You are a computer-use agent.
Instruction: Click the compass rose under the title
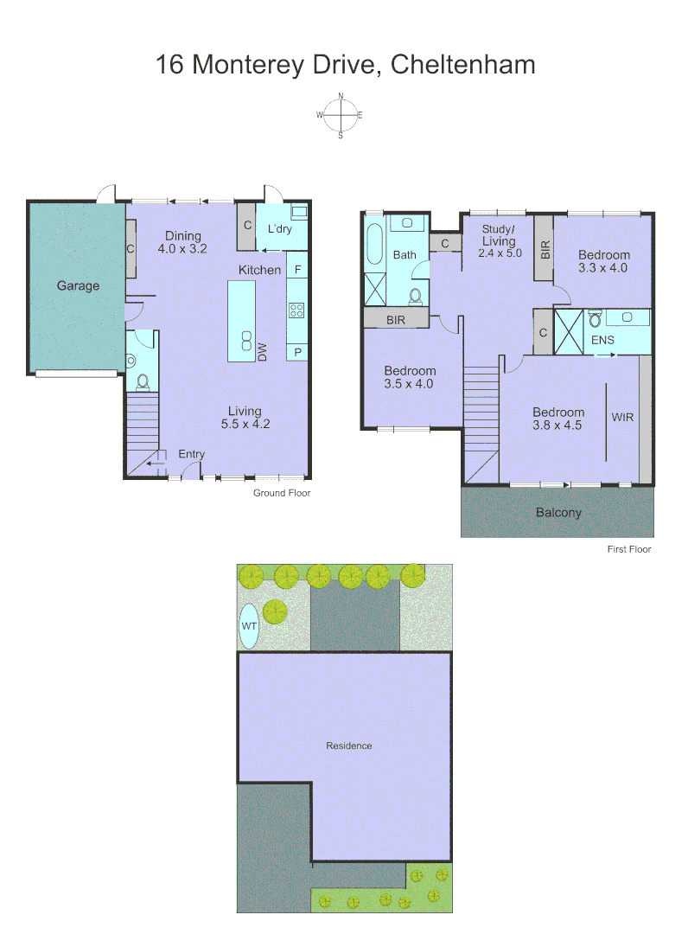click(x=341, y=115)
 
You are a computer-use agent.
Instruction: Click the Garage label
click(x=79, y=285)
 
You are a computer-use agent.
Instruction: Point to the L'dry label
click(x=279, y=229)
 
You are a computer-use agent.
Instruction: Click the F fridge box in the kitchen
click(x=297, y=270)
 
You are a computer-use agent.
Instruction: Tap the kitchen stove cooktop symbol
click(x=296, y=310)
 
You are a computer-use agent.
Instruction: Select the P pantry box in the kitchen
click(x=297, y=351)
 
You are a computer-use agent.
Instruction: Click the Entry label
click(x=192, y=454)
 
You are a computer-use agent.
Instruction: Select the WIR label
click(x=622, y=417)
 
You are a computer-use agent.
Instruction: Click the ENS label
click(x=602, y=340)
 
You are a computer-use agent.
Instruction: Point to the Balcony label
click(x=558, y=512)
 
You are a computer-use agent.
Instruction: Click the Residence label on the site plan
click(x=349, y=745)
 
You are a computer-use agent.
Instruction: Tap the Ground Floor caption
click(x=281, y=493)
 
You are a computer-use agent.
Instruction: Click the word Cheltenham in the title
click(x=462, y=65)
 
